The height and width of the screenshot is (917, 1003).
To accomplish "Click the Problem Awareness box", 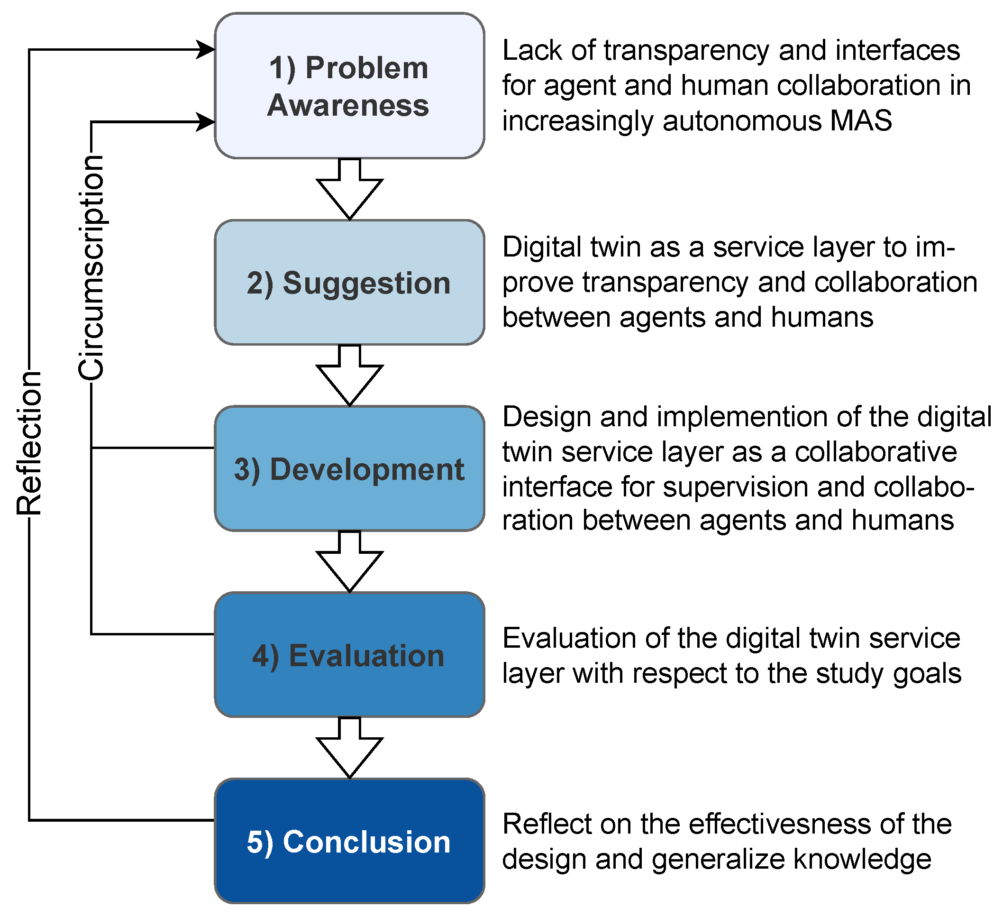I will [349, 85].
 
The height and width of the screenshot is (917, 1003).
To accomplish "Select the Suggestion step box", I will [349, 283].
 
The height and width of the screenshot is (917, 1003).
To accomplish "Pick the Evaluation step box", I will [349, 655].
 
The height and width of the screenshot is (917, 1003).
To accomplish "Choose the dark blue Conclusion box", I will [349, 841].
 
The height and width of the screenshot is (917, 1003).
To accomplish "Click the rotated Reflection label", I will [29, 443].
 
